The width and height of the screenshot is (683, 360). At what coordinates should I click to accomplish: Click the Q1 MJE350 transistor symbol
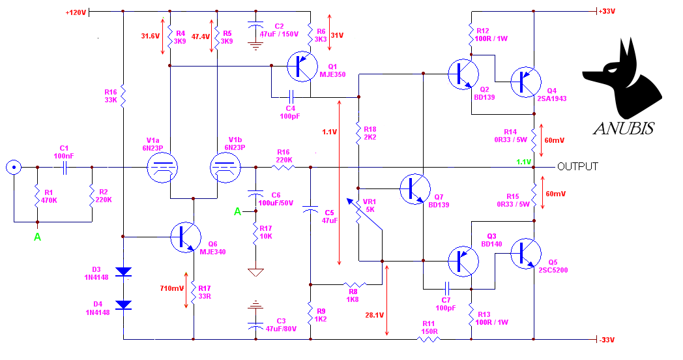(302, 67)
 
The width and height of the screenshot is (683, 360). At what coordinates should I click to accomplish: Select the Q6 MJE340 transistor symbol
(186, 237)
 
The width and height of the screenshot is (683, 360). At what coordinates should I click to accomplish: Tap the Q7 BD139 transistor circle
(415, 188)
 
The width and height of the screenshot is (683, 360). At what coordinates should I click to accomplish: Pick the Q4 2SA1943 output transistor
(526, 82)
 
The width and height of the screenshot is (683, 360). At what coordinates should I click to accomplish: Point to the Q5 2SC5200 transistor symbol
(526, 253)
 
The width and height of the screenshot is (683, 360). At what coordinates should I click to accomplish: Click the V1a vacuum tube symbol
(162, 168)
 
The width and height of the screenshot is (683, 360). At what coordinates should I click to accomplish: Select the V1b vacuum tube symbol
(225, 168)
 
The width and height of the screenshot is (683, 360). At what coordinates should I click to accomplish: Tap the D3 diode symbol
(124, 272)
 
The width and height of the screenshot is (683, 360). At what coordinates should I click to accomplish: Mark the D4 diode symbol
(124, 305)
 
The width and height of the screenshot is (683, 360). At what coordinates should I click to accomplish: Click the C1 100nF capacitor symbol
(65, 167)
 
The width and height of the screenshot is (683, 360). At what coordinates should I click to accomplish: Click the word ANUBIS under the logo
(624, 128)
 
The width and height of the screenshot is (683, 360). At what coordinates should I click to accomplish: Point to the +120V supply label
(76, 12)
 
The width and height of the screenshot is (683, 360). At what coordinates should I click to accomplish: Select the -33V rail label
(606, 340)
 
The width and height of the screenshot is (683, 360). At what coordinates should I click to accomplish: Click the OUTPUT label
(577, 166)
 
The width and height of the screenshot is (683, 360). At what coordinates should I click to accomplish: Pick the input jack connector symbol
(14, 167)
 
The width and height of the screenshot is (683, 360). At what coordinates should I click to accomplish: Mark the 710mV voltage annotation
(171, 288)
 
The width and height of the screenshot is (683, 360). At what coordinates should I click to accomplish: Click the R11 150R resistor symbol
(429, 339)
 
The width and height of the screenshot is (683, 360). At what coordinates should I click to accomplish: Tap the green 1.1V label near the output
(523, 162)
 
